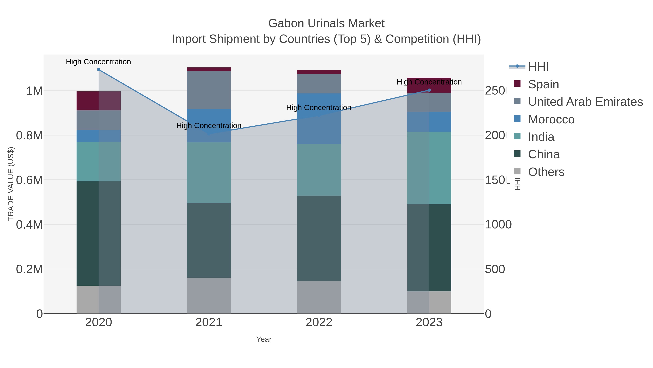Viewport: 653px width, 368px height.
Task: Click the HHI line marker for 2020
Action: [x=99, y=70]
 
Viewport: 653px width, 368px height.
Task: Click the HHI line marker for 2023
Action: [x=429, y=90]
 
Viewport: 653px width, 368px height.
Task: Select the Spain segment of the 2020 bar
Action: [x=99, y=101]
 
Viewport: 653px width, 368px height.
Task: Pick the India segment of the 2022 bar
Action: [x=319, y=170]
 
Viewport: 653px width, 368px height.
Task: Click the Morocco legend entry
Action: [x=551, y=119]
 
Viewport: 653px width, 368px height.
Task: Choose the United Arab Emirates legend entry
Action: [x=585, y=102]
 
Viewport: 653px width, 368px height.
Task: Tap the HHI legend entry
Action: [x=538, y=67]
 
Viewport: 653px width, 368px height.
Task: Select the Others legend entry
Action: [x=546, y=172]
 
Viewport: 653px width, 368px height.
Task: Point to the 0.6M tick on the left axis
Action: [x=29, y=180]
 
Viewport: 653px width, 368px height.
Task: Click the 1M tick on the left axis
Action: [x=34, y=91]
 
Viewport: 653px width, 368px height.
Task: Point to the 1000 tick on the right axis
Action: [x=498, y=224]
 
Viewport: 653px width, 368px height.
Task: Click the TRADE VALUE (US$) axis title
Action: [x=11, y=184]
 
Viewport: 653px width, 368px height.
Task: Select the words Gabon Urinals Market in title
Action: [x=326, y=23]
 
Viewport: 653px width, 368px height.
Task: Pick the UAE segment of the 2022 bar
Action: [x=319, y=84]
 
